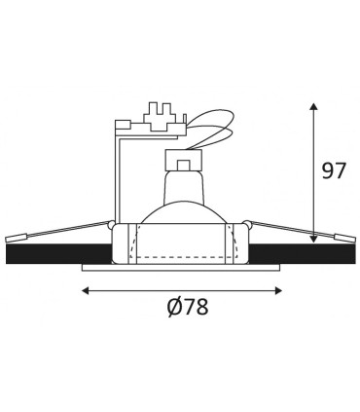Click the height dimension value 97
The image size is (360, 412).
pos(334,170)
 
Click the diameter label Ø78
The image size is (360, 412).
pos(188,306)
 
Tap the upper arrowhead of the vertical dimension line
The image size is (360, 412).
pos(313,107)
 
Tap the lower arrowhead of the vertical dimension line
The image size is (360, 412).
pos(313,239)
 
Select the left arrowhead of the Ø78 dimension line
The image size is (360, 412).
pos(86,290)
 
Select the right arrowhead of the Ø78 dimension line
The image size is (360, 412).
pos(278,290)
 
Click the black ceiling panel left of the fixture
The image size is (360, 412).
pos(58,254)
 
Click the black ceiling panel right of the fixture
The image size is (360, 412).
pos(302,254)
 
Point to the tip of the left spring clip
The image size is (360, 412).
pos(7,241)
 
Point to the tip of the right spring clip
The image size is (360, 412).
pos(355,240)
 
